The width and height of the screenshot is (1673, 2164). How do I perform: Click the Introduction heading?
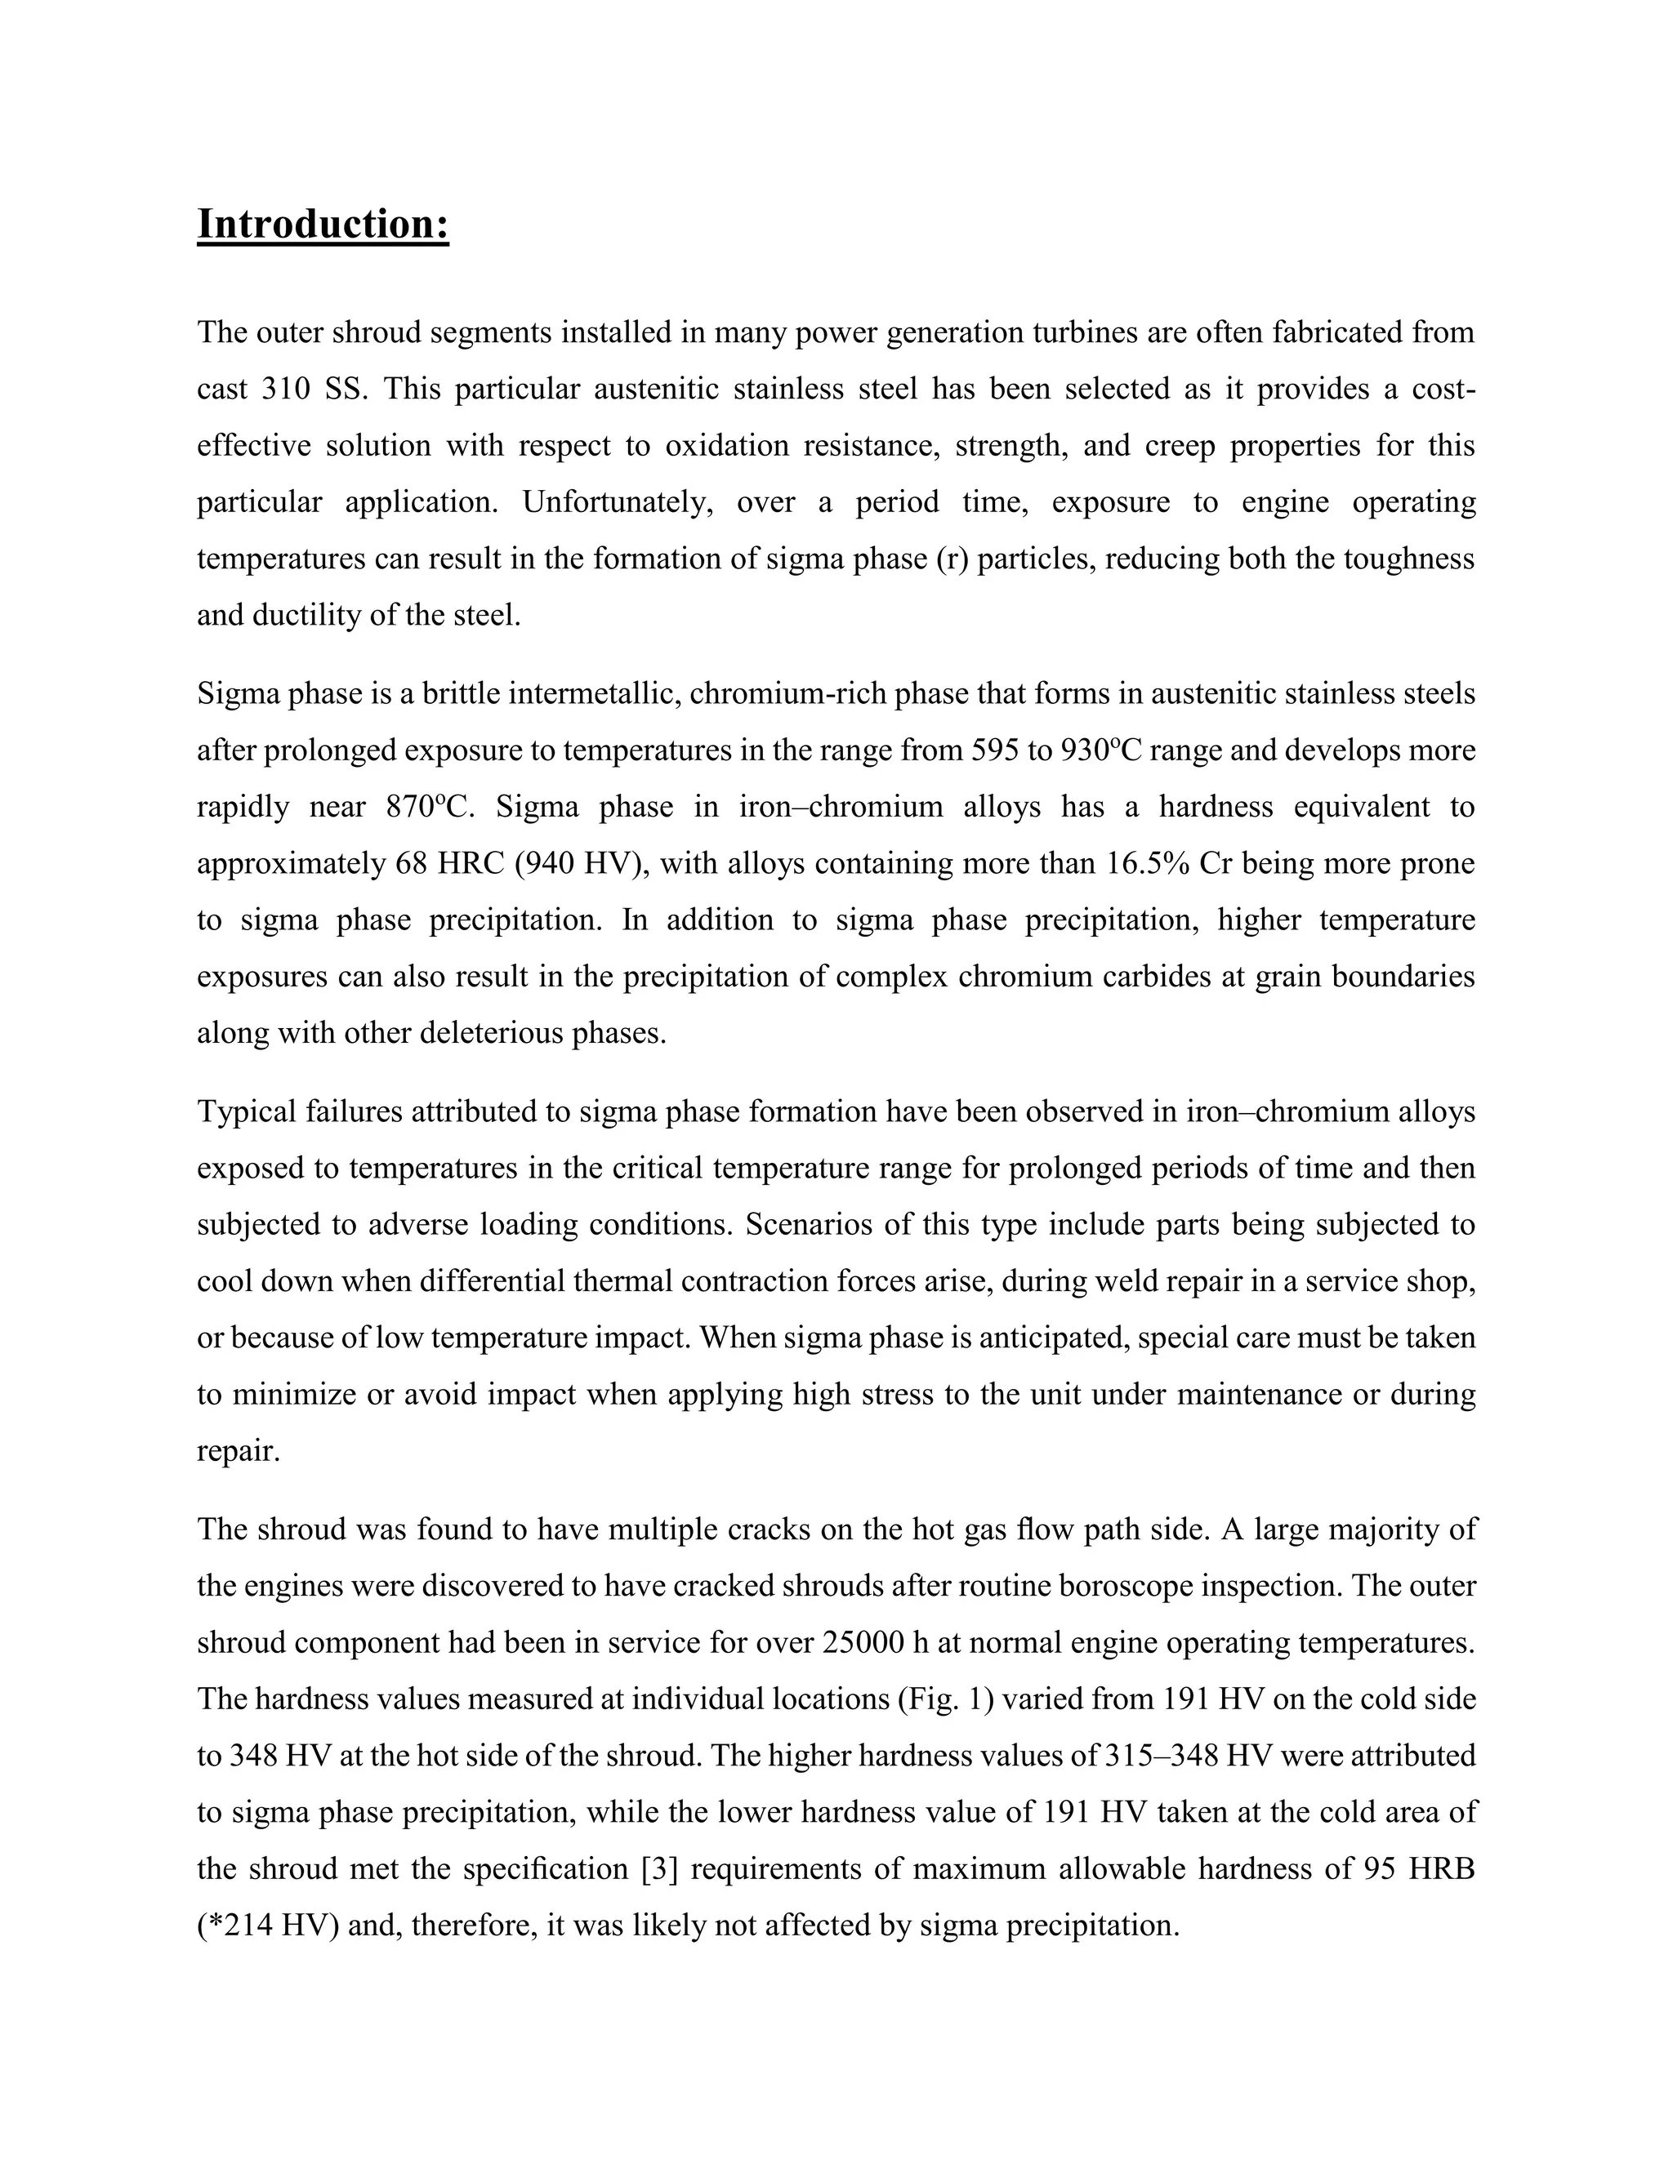click(323, 224)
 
